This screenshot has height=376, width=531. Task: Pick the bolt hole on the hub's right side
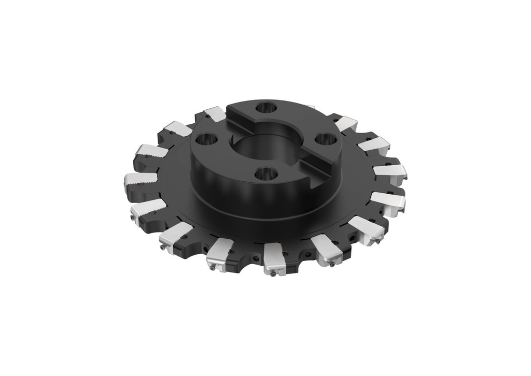pos(325,140)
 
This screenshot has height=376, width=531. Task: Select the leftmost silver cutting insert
pos(140,180)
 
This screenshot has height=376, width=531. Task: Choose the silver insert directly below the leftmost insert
pos(147,209)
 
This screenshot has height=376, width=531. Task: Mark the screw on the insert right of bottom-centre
pos(332,264)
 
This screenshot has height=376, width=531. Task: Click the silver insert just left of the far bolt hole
pos(215,114)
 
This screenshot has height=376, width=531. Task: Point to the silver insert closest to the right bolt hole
pos(346,124)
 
